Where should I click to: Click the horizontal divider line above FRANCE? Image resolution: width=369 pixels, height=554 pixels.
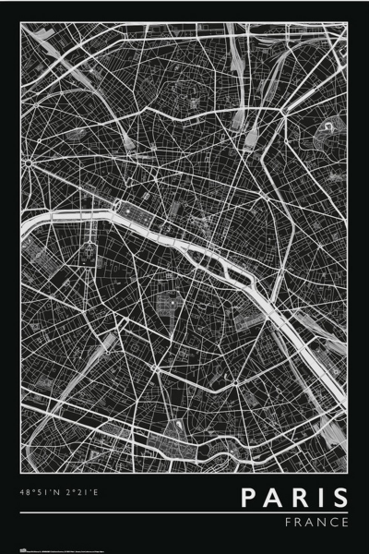pos(184,512)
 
